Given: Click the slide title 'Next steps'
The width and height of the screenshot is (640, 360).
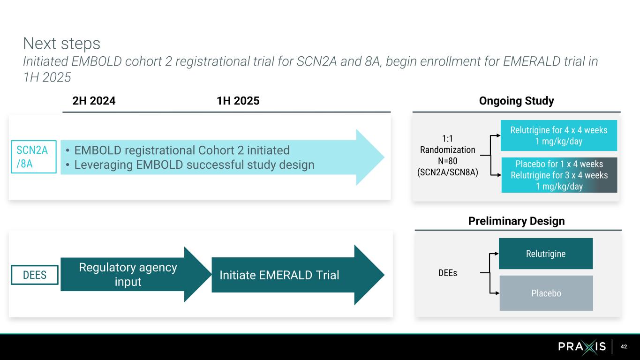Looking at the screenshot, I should pos(61,44).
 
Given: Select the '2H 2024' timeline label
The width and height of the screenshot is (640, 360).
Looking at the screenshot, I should pos(94,101).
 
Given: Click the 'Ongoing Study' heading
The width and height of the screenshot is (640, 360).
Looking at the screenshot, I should pos(516,101).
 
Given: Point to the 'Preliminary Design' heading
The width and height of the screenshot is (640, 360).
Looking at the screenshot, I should pos(516,221).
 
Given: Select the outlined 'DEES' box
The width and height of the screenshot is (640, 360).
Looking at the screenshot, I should pos(35,275).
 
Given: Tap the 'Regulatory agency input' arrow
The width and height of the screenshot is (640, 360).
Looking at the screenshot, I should pos(128,274).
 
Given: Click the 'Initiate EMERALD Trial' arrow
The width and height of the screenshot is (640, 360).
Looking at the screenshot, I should pos(279,275).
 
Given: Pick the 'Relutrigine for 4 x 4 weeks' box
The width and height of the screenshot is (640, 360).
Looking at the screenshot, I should pos(558,135).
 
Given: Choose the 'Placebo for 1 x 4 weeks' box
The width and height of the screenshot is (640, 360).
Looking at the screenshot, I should pos(559,175).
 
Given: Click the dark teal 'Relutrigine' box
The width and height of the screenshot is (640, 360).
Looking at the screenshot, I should pos(545,254).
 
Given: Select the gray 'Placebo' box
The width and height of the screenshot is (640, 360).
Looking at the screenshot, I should pos(546,293).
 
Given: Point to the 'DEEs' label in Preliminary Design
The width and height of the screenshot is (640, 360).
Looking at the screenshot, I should pos(447,273).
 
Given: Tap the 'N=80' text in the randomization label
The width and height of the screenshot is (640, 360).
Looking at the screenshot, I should pos(447,161).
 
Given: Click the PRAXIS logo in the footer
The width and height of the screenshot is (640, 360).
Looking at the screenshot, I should pos(582,347).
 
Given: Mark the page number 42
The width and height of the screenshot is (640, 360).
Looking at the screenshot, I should pos(624,347).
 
